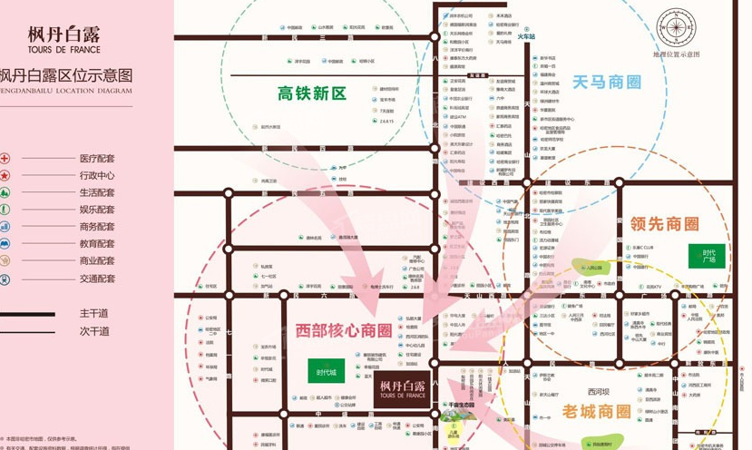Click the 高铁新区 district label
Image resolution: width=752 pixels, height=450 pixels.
(x=312, y=93)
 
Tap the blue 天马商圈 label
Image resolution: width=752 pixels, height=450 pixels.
(x=606, y=83)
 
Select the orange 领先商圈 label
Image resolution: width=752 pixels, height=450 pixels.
(x=665, y=223)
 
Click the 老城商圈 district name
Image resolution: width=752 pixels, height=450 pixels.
(x=596, y=411)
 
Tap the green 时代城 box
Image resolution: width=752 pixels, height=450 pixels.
(x=327, y=372)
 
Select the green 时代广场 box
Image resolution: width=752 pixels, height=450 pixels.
(x=708, y=256)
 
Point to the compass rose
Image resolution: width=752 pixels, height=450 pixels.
(x=677, y=29)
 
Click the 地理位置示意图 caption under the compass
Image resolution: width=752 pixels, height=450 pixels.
(x=677, y=55)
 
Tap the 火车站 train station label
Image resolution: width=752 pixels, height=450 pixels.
(x=526, y=36)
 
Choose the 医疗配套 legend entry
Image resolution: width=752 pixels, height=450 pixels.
(x=97, y=158)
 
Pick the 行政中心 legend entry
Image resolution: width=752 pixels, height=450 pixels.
(x=97, y=175)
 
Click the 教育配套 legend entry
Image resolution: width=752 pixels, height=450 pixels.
(x=97, y=244)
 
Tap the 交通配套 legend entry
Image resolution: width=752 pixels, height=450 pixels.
(x=97, y=279)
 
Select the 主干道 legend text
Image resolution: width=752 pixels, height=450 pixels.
(x=93, y=313)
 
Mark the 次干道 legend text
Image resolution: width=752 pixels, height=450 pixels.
(x=93, y=331)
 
